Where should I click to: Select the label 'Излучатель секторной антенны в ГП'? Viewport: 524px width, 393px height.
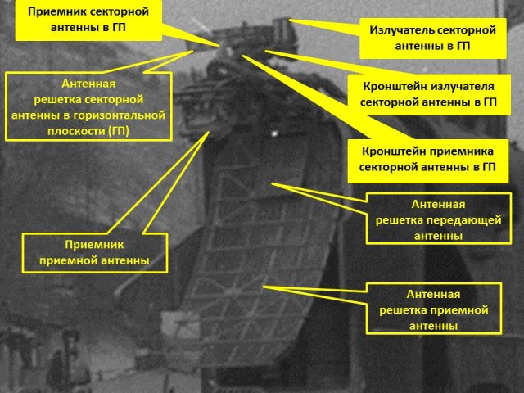[x=434, y=38]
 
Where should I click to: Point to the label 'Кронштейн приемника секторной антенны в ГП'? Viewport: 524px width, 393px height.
[x=423, y=159]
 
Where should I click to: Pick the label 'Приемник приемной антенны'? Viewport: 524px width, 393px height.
[x=95, y=252]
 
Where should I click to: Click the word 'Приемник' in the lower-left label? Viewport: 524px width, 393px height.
[x=95, y=245]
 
